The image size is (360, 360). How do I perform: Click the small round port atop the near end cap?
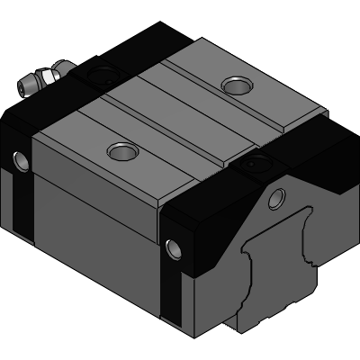click(x=247, y=166)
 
